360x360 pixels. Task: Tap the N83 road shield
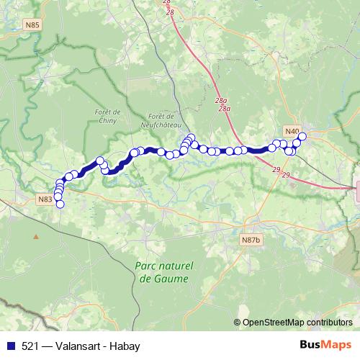pos(45,199)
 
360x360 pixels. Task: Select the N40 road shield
pos(291,131)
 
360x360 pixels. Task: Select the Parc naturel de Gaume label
pos(161,272)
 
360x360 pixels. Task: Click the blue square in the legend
pos(9,346)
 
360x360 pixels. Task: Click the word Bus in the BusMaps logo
pos(311,345)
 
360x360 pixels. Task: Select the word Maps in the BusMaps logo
pos(338,345)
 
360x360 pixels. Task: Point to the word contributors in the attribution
pos(329,323)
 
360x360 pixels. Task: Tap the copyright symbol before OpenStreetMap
pos(238,323)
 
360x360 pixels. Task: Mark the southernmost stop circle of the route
pos(60,204)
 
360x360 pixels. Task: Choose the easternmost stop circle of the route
pos(302,136)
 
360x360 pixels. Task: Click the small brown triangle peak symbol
pos(35,235)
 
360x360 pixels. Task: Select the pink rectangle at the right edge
pos(358,193)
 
